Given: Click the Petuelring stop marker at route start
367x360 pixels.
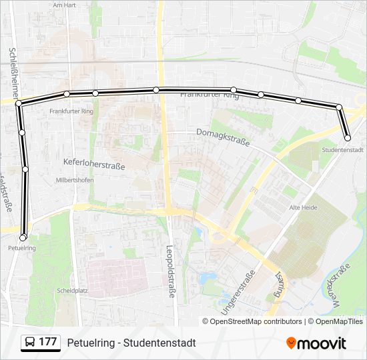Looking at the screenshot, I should click(23, 237).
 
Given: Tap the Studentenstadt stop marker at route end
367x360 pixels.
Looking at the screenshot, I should click(348, 138).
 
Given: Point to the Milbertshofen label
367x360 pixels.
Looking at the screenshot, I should click(75, 180).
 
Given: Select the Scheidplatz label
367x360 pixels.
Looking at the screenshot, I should click(72, 291).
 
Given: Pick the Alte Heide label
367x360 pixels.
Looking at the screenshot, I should click(303, 209).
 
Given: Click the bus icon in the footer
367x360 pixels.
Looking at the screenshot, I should click(30, 343).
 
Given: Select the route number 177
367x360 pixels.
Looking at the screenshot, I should click(47, 342).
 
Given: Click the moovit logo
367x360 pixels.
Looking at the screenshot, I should click(316, 343).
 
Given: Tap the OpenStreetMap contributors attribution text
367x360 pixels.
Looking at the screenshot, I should click(256, 321).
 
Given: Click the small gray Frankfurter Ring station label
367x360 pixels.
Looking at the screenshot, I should click(71, 111).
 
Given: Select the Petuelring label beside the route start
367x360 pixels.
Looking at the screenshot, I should click(21, 248).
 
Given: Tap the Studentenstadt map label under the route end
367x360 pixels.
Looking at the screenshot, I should click(342, 150).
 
